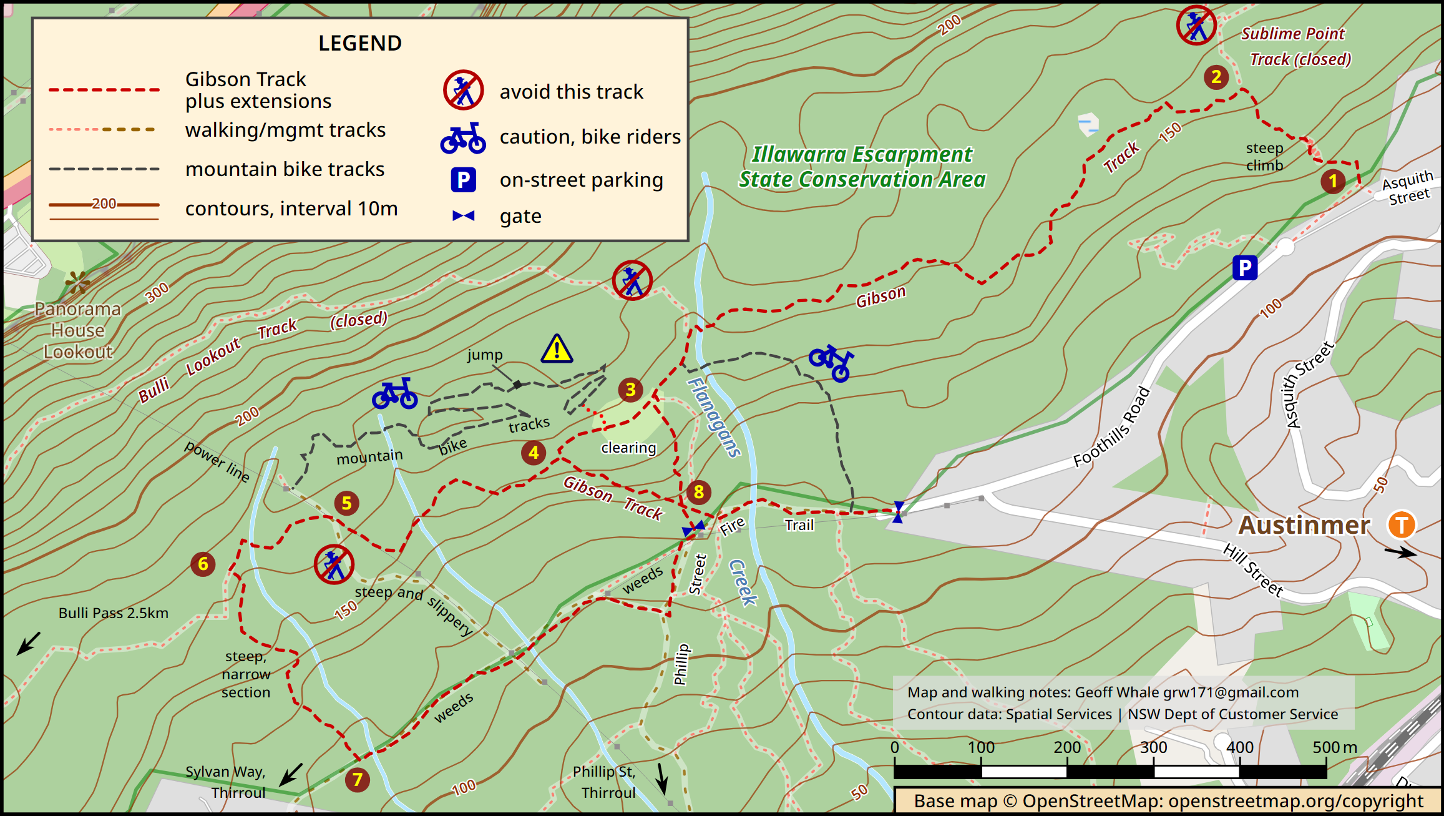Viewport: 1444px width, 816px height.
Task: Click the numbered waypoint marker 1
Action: click(x=1332, y=181)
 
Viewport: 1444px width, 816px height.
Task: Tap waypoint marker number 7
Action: click(x=358, y=779)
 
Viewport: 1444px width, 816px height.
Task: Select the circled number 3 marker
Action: click(x=630, y=390)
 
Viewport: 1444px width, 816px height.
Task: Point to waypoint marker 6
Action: click(x=203, y=564)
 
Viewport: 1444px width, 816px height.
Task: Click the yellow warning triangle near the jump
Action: click(x=557, y=349)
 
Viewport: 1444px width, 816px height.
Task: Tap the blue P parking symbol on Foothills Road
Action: click(x=1244, y=268)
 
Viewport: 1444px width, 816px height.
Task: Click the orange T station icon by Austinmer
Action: click(x=1401, y=524)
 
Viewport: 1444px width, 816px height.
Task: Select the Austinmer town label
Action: click(x=1304, y=525)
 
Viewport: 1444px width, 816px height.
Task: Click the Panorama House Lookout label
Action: click(x=77, y=330)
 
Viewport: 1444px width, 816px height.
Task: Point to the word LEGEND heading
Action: click(x=360, y=43)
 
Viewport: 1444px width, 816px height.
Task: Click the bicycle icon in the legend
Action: click(x=463, y=138)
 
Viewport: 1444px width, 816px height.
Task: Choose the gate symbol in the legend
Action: click(x=463, y=216)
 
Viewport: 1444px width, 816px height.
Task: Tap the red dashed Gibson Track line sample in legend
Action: click(x=104, y=90)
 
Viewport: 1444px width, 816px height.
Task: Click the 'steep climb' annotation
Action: click(x=1264, y=157)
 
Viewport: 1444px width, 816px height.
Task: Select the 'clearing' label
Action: click(x=628, y=448)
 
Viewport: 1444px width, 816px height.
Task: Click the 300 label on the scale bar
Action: click(x=1153, y=747)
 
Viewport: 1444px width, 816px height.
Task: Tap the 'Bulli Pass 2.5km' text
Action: click(x=113, y=613)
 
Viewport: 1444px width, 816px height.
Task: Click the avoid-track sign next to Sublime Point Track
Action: click(x=1196, y=26)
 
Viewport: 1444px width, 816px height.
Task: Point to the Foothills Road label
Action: click(x=1111, y=427)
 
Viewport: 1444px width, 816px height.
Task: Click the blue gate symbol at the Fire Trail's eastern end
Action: click(x=898, y=512)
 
